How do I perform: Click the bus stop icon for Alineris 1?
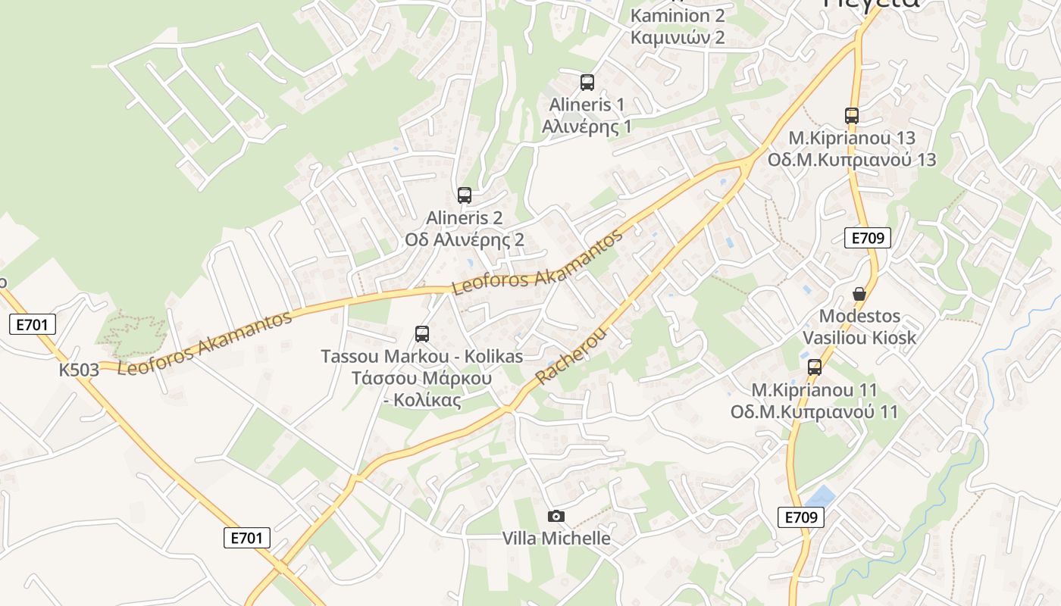[587, 83]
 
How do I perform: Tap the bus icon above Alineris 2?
[465, 195]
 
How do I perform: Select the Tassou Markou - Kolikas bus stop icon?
[422, 333]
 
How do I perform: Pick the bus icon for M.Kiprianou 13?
[852, 116]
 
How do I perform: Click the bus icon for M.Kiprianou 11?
[815, 367]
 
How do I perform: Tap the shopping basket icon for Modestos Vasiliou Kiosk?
[859, 294]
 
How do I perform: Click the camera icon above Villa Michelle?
[556, 517]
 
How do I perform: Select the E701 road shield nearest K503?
[33, 325]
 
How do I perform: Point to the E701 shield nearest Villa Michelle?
[247, 538]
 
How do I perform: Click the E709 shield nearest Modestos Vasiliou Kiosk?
[868, 238]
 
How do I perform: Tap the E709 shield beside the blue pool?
[801, 517]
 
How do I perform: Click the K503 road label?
[80, 370]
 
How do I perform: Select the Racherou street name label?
[571, 356]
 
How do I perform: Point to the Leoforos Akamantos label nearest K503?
[205, 343]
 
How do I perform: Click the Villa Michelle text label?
[556, 539]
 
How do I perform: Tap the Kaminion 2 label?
[678, 15]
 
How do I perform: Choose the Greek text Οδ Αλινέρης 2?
[465, 240]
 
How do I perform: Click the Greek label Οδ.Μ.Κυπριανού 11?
[814, 412]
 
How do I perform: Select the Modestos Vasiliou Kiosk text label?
[859, 326]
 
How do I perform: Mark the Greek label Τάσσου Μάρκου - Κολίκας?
[422, 389]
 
